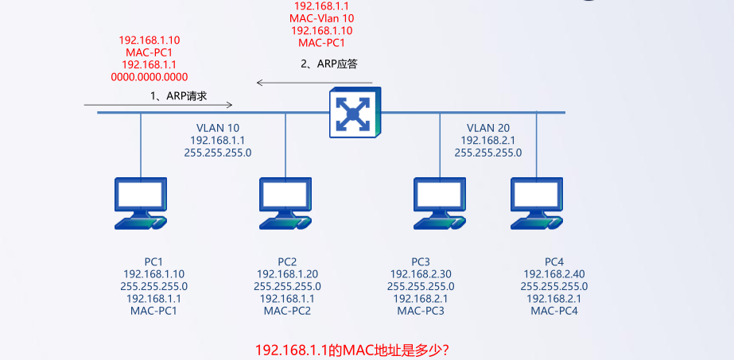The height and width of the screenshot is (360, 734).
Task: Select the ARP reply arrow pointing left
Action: coord(314,81)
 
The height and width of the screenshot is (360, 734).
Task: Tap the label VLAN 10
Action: coord(217,127)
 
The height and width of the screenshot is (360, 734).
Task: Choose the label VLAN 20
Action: coord(488,127)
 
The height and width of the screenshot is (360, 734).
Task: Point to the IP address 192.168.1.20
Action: coord(287,274)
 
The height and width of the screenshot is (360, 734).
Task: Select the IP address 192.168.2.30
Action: coord(421,274)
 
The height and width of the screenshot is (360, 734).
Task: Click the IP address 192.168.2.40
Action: coord(554,274)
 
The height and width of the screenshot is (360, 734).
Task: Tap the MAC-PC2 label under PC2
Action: coord(287,311)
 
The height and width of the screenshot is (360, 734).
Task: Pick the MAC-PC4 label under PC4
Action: coord(554,311)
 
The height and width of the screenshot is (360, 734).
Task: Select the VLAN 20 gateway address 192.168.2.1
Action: coord(488,140)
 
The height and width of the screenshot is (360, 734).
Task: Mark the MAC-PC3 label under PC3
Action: coord(421,311)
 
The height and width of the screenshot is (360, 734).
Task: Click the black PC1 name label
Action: coord(153,262)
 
